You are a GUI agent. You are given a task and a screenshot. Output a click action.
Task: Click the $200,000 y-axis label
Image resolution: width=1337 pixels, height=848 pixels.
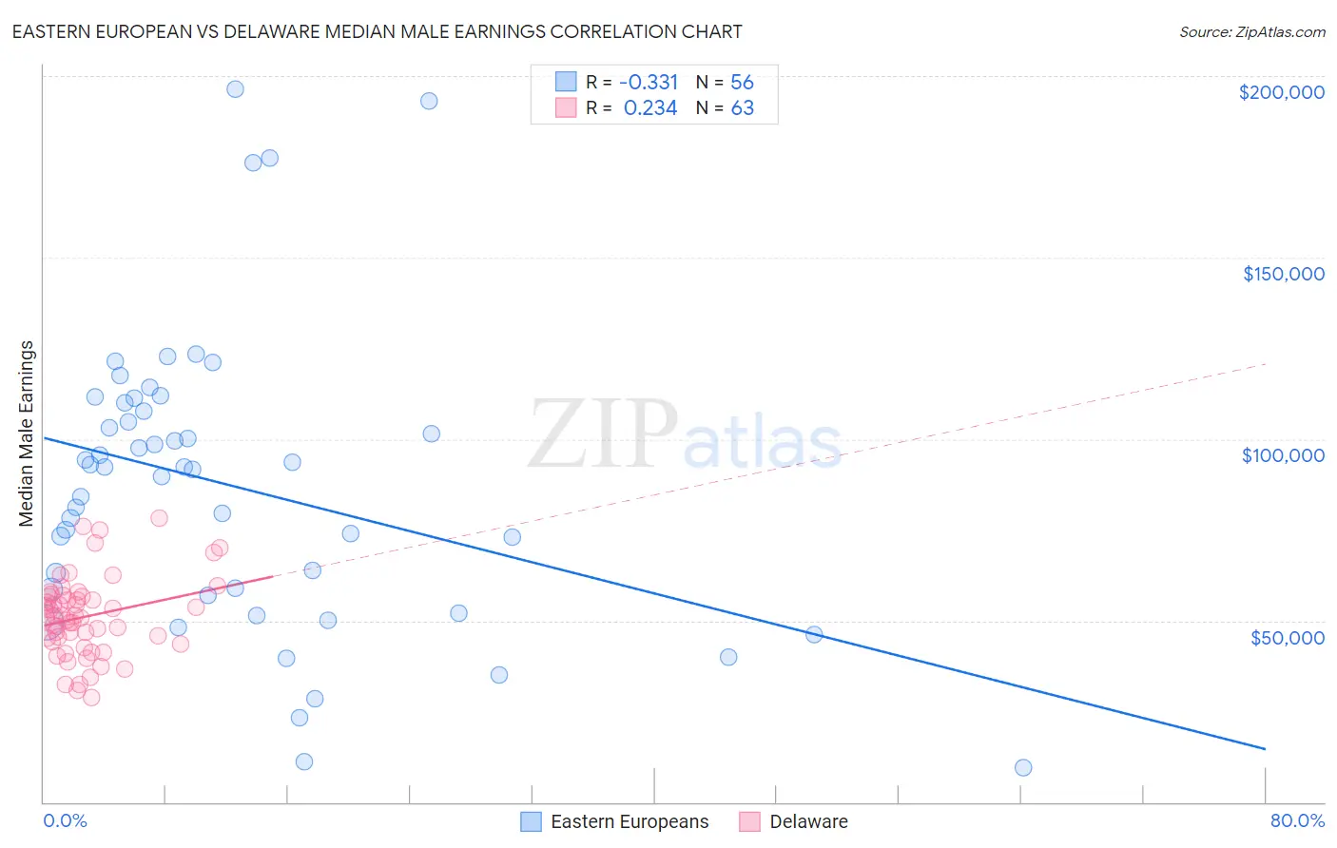[x=1281, y=92]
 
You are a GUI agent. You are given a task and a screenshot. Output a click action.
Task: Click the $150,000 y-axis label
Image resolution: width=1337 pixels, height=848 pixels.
[x=1283, y=274]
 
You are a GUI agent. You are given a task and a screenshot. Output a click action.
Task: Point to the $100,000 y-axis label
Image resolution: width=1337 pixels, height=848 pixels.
[x=1283, y=455]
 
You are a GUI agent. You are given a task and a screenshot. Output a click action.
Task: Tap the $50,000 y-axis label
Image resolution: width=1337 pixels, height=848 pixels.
[x=1287, y=637]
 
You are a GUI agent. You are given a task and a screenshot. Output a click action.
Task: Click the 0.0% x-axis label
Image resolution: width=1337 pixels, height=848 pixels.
[x=65, y=820]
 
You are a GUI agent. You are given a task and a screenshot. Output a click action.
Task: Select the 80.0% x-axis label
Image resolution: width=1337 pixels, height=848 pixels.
[x=1297, y=820]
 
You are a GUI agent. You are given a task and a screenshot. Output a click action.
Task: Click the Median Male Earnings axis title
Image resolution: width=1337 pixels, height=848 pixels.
[x=27, y=434]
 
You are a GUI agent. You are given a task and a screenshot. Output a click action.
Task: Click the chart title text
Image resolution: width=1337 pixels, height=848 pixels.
[x=377, y=31]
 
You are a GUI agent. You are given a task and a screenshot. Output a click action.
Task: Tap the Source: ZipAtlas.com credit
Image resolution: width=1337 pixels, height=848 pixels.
[x=1251, y=32]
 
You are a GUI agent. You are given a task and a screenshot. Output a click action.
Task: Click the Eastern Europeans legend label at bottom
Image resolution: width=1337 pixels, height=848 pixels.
[x=630, y=821]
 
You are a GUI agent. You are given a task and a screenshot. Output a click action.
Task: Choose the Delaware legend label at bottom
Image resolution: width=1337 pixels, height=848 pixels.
[x=808, y=821]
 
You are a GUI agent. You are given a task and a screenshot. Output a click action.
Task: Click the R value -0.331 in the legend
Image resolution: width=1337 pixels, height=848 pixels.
[x=649, y=83]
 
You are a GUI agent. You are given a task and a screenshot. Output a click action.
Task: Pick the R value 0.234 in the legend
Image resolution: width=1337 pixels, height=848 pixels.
[x=650, y=108]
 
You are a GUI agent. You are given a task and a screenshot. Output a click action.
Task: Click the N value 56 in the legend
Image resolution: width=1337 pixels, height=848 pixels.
[x=742, y=83]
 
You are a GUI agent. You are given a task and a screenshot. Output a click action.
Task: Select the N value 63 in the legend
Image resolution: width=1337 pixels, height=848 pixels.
[x=742, y=108]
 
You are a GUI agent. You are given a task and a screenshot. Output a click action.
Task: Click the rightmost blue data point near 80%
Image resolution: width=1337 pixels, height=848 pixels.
[x=1023, y=767]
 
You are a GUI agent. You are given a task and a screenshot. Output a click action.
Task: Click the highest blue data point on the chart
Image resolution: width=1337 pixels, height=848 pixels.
[x=235, y=89]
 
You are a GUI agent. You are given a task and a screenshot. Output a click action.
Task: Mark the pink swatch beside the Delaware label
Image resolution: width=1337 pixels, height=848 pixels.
[x=749, y=821]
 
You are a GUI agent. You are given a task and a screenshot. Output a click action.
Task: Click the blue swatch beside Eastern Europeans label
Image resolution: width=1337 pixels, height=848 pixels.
[x=531, y=821]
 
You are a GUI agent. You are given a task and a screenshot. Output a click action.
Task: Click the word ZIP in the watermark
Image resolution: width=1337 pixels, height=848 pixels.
[x=602, y=434]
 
